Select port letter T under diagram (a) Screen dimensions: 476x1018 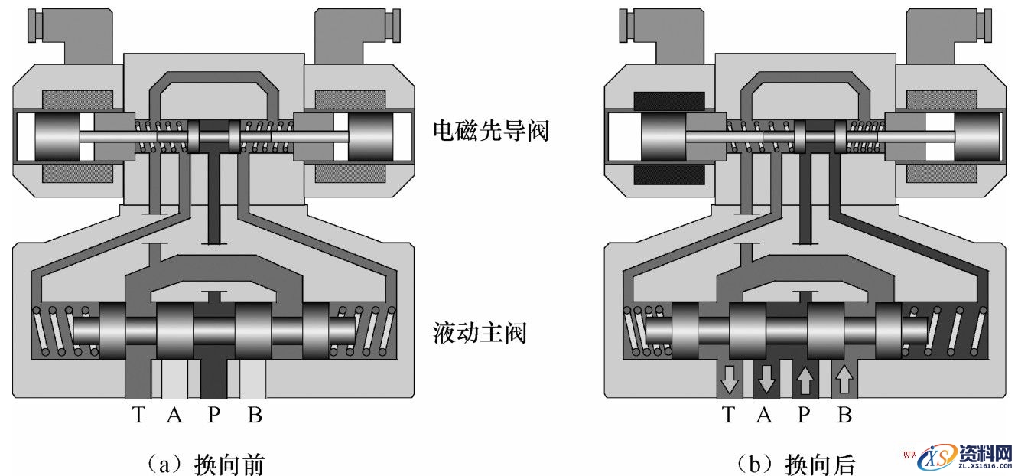(x=138, y=416)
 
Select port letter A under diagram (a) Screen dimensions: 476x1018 (x=174, y=416)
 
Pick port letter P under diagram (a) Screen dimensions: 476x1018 (x=215, y=416)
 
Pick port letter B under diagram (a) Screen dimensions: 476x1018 (x=255, y=416)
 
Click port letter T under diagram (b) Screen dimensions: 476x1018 (x=728, y=416)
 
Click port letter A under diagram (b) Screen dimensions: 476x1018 (x=764, y=416)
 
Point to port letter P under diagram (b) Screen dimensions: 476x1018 (x=804, y=416)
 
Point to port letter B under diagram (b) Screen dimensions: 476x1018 (x=844, y=416)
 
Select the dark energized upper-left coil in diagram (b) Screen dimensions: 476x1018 (x=668, y=100)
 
